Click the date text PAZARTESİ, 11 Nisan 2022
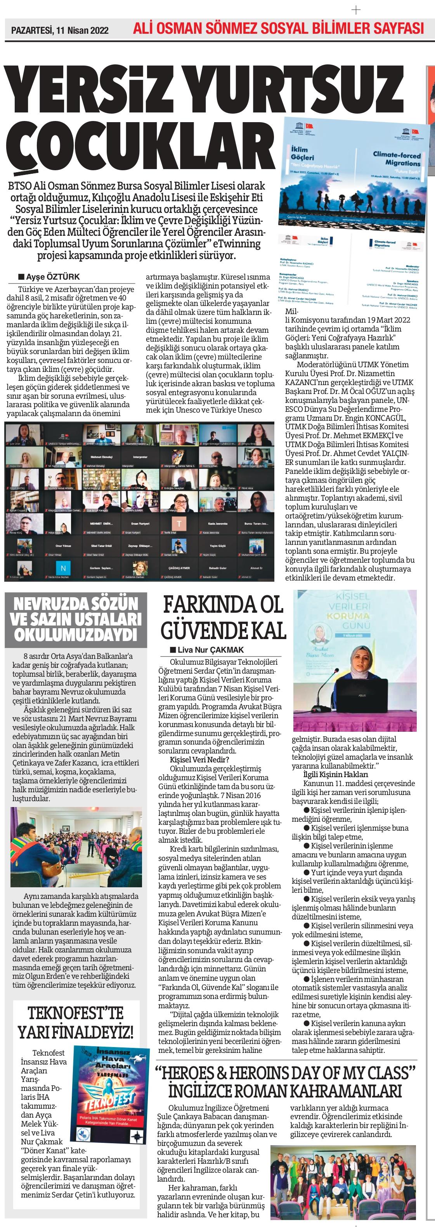60,31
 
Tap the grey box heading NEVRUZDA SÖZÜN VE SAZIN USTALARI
76,619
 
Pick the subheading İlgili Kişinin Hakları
329,774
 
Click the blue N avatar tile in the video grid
63,568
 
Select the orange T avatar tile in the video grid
179,524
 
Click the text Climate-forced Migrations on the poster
397,159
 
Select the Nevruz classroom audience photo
76,845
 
